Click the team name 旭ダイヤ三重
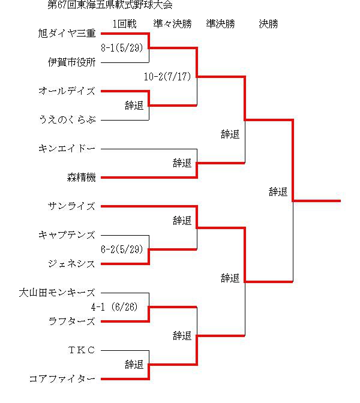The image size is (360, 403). [67, 34]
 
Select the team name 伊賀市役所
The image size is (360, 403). [72, 62]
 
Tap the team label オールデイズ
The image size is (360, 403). [67, 91]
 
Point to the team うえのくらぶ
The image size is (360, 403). [67, 120]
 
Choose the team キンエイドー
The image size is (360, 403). [67, 149]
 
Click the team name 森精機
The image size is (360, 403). [81, 178]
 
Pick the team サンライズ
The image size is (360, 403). [72, 206]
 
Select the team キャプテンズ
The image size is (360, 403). [67, 235]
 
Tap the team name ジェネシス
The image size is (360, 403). [72, 264]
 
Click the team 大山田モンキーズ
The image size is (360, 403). [57, 293]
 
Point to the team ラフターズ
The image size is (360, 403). [72, 321]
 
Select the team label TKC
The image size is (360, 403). [82, 350]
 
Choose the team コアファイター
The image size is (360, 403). [62, 379]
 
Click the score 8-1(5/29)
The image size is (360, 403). [122, 48]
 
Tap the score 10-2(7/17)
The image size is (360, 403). [167, 77]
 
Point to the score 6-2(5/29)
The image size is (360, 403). [122, 249]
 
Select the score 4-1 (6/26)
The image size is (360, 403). [115, 307]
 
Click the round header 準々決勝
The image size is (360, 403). [173, 24]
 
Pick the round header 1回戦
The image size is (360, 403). [124, 24]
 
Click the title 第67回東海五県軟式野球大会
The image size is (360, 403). [110, 5]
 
